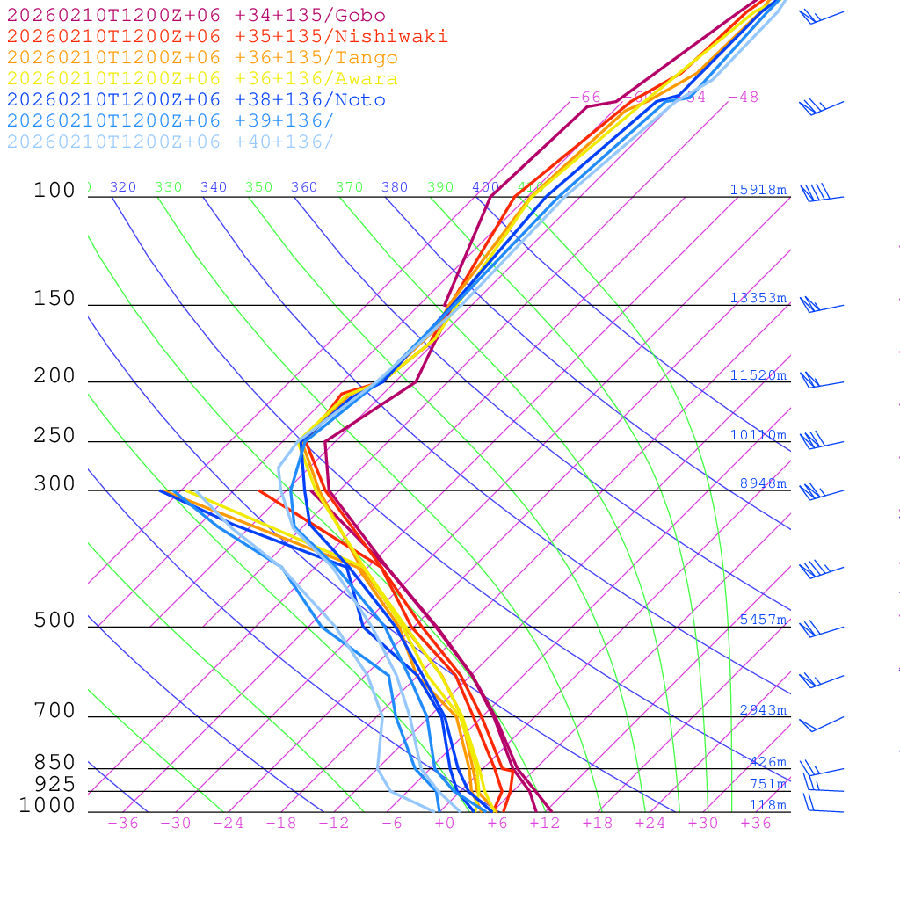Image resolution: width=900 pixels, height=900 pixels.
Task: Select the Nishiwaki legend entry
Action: pyautogui.click(x=227, y=37)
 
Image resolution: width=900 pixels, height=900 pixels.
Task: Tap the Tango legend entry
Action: pyautogui.click(x=202, y=58)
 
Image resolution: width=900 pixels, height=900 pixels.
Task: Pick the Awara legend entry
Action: pyautogui.click(x=202, y=79)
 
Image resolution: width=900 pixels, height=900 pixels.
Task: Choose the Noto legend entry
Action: pyautogui.click(x=196, y=100)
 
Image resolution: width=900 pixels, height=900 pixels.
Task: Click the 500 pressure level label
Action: pyautogui.click(x=54, y=621)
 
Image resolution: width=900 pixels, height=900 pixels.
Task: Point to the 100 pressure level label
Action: pyautogui.click(x=54, y=191)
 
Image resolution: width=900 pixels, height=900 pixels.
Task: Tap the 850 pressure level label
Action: pyautogui.click(x=54, y=763)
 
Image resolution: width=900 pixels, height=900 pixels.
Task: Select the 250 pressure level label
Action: pyautogui.click(x=54, y=436)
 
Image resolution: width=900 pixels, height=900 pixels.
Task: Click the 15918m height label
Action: pyautogui.click(x=758, y=190)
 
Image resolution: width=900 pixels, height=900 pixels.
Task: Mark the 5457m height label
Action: pyautogui.click(x=763, y=620)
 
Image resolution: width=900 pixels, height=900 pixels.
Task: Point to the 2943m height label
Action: pyautogui.click(x=763, y=710)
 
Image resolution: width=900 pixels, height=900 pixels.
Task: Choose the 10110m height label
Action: pyautogui.click(x=758, y=435)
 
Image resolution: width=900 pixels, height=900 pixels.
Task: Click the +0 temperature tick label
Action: pyautogui.click(x=445, y=824)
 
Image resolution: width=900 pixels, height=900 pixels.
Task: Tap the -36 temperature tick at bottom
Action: pyautogui.click(x=122, y=824)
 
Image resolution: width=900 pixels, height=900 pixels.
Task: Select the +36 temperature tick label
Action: pyautogui.click(x=756, y=824)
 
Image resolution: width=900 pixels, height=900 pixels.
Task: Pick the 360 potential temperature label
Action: pyautogui.click(x=304, y=187)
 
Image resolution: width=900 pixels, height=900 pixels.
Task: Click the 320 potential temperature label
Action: pyautogui.click(x=123, y=187)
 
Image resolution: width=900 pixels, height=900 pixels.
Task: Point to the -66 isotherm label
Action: pyautogui.click(x=585, y=98)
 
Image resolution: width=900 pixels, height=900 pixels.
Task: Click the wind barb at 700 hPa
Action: pyautogui.click(x=821, y=724)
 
